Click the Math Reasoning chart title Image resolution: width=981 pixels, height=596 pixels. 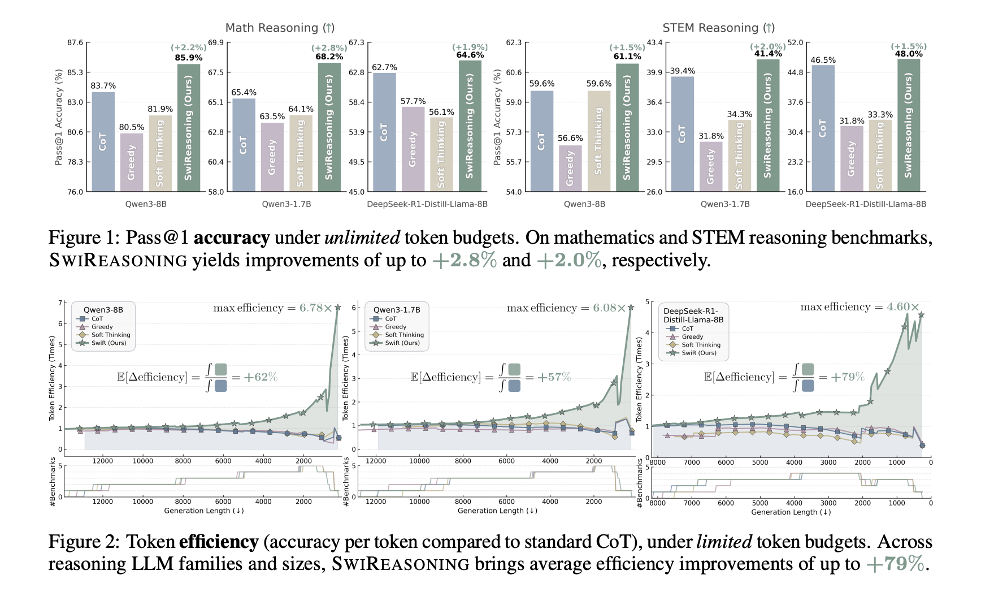pyautogui.click(x=280, y=28)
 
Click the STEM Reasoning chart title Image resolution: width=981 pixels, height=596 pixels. pyautogui.click(x=718, y=28)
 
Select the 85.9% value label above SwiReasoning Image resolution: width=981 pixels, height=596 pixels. pyautogui.click(x=189, y=58)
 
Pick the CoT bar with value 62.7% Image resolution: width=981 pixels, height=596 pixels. pyautogui.click(x=384, y=132)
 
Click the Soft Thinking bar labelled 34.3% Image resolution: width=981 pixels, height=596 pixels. pyautogui.click(x=740, y=156)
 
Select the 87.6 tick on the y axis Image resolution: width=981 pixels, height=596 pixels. pyautogui.click(x=75, y=42)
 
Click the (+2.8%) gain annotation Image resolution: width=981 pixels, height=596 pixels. pyautogui.click(x=329, y=48)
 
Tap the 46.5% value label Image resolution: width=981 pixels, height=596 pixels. pyautogui.click(x=823, y=60)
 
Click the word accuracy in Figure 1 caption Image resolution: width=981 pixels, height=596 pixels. pyautogui.click(x=231, y=237)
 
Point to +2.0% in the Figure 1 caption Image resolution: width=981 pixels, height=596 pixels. pyautogui.click(x=568, y=260)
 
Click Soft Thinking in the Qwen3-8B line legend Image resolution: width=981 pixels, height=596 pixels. pyautogui.click(x=111, y=335)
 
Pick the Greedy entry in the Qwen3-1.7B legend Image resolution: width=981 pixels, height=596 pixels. pyautogui.click(x=396, y=327)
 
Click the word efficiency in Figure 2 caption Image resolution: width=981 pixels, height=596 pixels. pyautogui.click(x=219, y=542)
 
